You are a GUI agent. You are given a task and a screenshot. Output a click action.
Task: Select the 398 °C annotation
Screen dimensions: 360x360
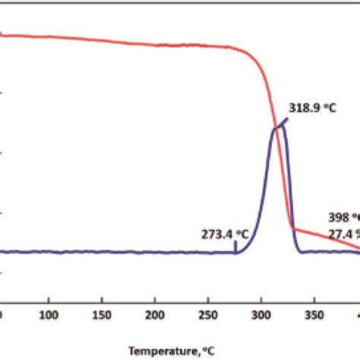pos(344,216)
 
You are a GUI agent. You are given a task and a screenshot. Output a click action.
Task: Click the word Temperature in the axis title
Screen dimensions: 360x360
pos(156,350)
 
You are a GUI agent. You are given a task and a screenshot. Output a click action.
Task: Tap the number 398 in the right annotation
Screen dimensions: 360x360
pos(337,216)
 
